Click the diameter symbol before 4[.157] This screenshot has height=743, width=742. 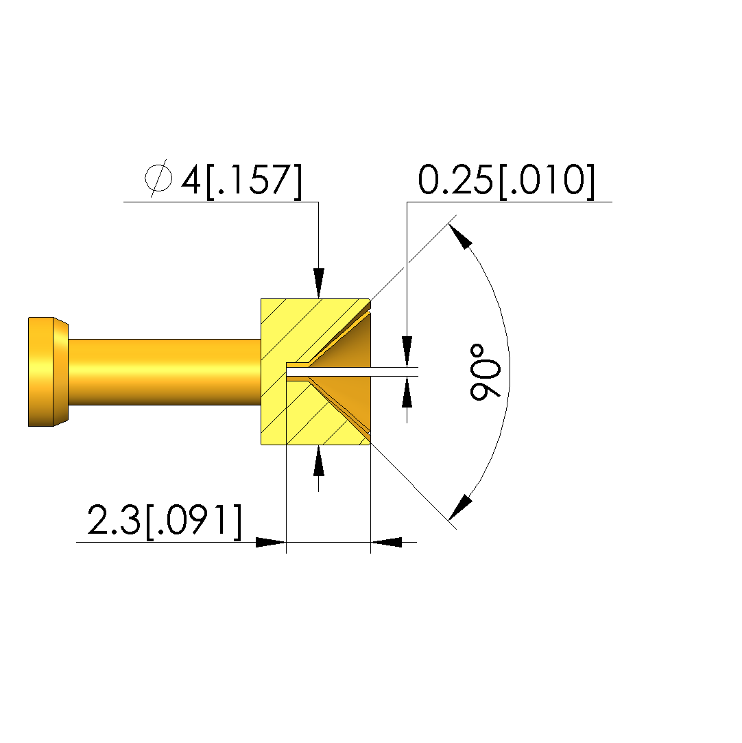pyautogui.click(x=158, y=178)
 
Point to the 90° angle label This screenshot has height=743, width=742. pyautogui.click(x=486, y=372)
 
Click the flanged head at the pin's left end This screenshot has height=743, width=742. pyautogui.click(x=48, y=372)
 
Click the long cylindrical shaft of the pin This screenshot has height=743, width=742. pyautogui.click(x=165, y=372)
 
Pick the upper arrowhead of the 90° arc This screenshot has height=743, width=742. pyautogui.click(x=460, y=235)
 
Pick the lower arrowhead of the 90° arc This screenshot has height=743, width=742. pyautogui.click(x=460, y=508)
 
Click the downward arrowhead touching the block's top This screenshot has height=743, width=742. pyautogui.click(x=319, y=283)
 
